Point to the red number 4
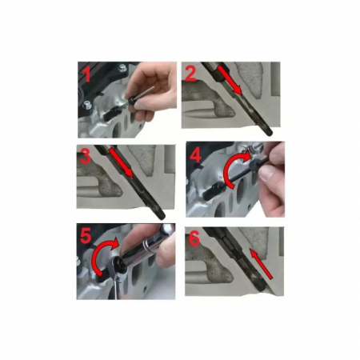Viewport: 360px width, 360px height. (x=195, y=154)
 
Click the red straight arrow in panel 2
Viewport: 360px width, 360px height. (x=230, y=81)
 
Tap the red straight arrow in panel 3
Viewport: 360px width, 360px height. (x=121, y=162)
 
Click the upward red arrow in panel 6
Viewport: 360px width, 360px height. (x=262, y=263)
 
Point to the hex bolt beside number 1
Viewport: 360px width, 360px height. (x=87, y=105)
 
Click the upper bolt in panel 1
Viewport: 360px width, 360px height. (x=122, y=68)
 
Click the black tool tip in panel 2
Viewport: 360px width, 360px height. (x=267, y=132)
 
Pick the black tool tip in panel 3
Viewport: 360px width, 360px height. (x=161, y=215)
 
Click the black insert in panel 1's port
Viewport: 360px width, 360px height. (x=110, y=114)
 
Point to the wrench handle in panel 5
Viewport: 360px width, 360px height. (x=117, y=286)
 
